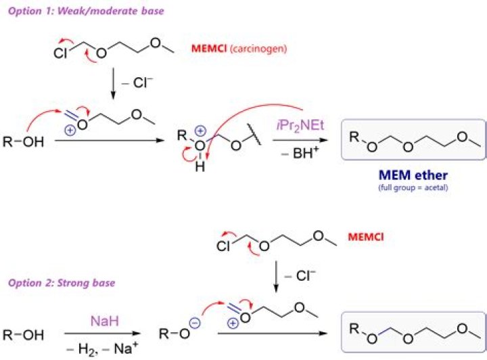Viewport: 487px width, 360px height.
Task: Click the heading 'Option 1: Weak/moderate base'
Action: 86,12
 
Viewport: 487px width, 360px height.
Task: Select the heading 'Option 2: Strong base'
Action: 62,283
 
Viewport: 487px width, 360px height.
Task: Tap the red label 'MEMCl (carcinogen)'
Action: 239,49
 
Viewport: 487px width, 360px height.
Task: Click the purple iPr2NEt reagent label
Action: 300,125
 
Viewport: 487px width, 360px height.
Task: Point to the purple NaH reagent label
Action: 105,321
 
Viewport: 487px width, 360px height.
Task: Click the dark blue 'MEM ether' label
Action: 413,175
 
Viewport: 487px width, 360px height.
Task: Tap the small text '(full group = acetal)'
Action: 413,187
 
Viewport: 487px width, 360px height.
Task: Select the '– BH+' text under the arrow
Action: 300,152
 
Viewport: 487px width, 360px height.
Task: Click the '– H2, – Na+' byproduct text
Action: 103,348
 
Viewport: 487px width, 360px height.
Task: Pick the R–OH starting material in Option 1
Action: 23,142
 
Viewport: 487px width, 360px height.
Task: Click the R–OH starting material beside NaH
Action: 23,335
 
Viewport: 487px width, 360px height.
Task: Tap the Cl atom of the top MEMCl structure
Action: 60,53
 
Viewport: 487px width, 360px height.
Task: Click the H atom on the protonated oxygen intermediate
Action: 200,167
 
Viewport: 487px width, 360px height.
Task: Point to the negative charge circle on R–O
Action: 195,323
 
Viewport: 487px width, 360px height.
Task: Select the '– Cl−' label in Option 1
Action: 137,83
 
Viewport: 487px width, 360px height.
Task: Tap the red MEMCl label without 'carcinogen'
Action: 366,237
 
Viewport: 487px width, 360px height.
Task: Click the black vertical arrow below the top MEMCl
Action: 113,84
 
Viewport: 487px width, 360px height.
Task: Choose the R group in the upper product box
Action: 354,137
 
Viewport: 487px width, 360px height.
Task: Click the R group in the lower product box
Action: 354,328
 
